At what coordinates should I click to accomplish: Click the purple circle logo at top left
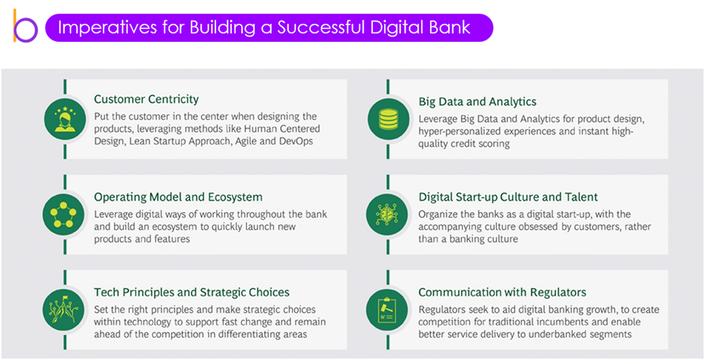[26, 30]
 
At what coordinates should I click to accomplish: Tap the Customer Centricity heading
[146, 99]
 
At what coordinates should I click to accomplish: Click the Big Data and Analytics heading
[477, 102]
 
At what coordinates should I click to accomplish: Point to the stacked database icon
[388, 120]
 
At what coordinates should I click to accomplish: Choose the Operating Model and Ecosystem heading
[178, 197]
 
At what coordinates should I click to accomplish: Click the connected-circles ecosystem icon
[63, 215]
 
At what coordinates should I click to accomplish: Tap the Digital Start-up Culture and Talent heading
[508, 197]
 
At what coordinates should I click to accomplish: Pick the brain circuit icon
[388, 215]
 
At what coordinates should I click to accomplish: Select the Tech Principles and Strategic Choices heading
[192, 292]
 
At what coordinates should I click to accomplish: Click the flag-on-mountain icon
[63, 310]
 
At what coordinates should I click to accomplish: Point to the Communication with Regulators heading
[502, 292]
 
